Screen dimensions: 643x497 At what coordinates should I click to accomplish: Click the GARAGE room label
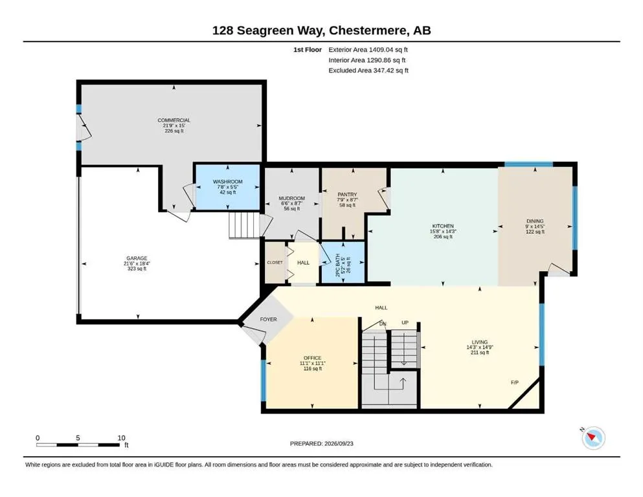(137, 259)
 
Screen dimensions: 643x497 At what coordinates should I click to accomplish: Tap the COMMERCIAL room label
(174, 120)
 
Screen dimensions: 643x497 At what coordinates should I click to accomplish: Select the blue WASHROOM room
(227, 187)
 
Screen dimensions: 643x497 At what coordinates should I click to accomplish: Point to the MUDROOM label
(291, 198)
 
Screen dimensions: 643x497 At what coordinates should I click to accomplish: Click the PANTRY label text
(347, 195)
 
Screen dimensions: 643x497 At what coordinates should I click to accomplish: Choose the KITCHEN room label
(443, 226)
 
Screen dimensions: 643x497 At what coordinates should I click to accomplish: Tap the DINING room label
(535, 221)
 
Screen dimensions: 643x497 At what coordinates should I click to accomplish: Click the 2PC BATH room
(343, 262)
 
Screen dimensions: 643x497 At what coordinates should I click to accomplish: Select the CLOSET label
(275, 263)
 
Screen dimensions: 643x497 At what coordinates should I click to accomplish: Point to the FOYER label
(269, 319)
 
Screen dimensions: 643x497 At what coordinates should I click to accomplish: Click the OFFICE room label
(313, 358)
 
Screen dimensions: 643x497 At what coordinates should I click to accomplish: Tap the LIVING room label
(479, 342)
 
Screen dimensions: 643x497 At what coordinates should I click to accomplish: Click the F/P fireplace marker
(515, 382)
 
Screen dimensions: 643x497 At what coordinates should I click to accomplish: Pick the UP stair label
(405, 323)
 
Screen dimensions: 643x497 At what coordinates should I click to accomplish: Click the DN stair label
(383, 324)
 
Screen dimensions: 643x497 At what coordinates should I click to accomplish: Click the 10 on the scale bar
(121, 438)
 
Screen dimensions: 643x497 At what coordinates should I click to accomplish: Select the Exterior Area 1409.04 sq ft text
(368, 50)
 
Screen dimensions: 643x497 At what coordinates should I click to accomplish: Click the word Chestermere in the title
(368, 30)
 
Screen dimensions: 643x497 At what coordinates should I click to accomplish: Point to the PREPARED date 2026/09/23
(339, 444)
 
